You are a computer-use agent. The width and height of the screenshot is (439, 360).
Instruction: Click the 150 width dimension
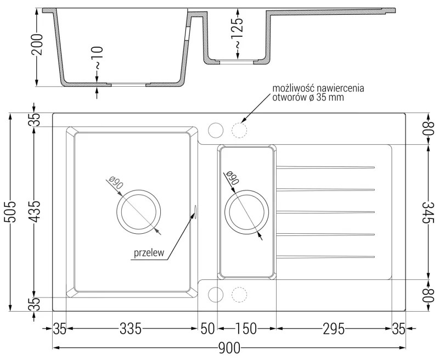click(x=246, y=329)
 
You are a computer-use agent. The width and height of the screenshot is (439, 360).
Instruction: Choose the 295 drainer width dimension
click(x=333, y=329)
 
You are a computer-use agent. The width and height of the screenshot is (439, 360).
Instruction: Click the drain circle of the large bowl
click(x=139, y=211)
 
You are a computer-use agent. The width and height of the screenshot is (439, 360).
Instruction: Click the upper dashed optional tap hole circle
click(x=239, y=130)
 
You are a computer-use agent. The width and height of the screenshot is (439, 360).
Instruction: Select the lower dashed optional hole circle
click(x=239, y=295)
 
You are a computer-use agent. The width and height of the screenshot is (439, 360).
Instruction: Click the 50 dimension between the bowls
click(x=207, y=329)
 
